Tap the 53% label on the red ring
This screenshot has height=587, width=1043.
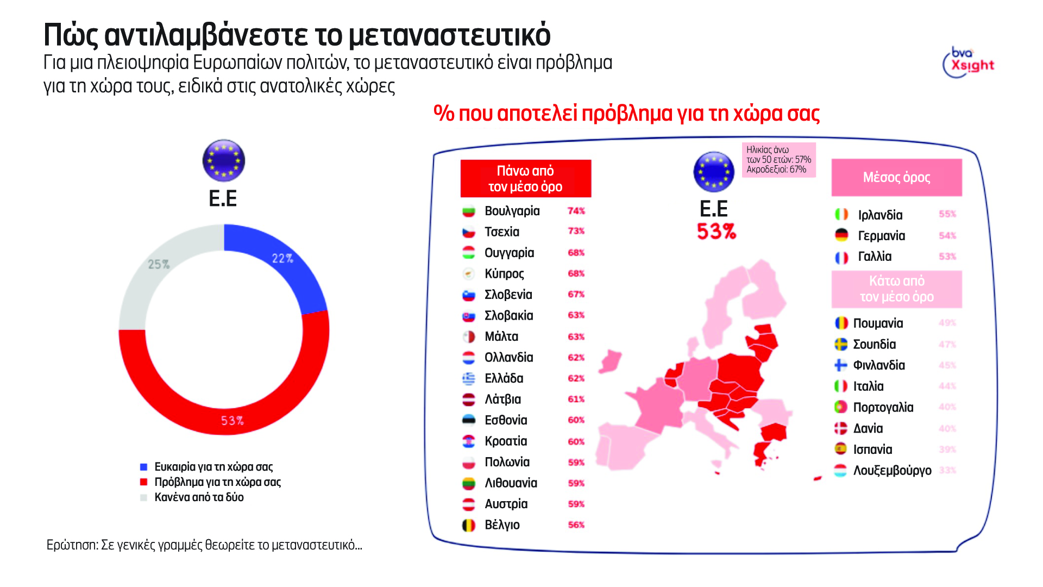(232, 421)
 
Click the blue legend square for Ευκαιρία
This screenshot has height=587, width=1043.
(144, 467)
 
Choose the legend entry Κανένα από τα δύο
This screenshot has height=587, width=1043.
(199, 497)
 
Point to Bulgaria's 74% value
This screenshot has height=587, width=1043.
(576, 211)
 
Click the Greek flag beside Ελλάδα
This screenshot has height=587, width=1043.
(468, 378)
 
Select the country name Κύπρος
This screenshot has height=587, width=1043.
(504, 274)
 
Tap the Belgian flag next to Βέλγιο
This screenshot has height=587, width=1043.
(468, 525)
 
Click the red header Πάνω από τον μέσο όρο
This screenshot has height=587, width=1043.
(525, 179)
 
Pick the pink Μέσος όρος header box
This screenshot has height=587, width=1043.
(896, 178)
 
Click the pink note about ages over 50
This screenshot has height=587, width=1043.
(778, 160)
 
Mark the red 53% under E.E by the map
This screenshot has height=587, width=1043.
(716, 232)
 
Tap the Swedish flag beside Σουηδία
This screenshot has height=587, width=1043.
(841, 345)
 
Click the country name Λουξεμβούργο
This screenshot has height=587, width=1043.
(892, 471)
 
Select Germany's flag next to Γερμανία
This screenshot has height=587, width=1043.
(841, 235)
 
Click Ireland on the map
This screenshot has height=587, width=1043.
(611, 361)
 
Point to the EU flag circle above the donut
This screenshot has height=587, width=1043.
(223, 161)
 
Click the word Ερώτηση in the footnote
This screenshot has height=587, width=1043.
(72, 545)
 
